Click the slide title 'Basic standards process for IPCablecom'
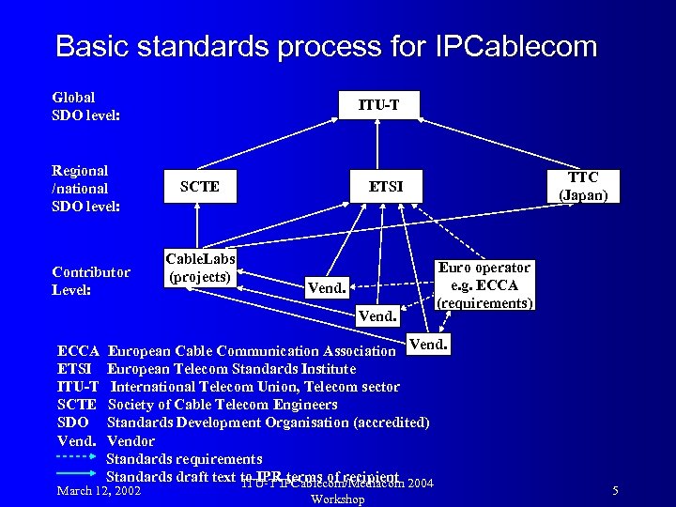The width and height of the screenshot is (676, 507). click(325, 46)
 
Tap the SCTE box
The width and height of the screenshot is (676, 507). click(199, 187)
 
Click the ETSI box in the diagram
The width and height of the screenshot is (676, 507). click(385, 187)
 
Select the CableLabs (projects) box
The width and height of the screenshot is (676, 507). click(199, 268)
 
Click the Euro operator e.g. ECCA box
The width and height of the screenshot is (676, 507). click(484, 284)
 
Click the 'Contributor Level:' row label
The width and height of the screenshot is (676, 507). click(90, 281)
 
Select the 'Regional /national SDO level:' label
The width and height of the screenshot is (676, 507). click(85, 188)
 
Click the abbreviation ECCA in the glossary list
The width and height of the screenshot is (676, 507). click(78, 351)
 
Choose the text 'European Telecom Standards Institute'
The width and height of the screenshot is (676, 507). click(231, 369)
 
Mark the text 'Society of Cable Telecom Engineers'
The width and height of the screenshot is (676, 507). click(223, 405)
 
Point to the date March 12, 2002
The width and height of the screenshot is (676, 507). click(100, 491)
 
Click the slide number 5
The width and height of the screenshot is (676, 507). click(615, 491)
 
